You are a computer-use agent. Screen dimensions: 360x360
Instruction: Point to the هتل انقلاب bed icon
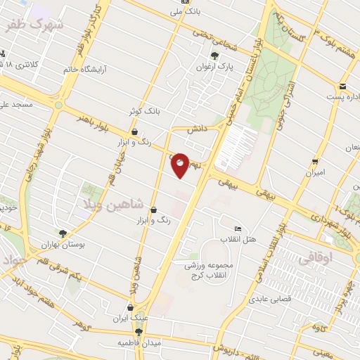click(238, 230)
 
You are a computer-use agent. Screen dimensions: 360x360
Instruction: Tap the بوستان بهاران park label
click(83, 243)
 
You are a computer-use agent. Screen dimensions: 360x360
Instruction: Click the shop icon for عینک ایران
click(130, 307)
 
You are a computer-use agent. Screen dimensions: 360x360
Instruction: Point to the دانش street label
click(195, 129)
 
